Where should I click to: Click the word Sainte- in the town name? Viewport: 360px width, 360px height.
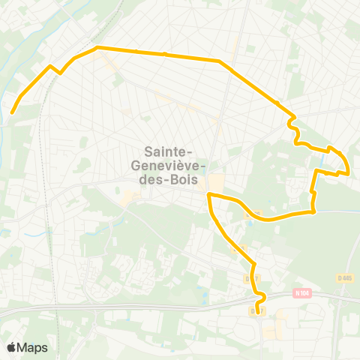tap(175, 151)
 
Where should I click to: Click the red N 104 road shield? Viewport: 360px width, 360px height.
tap(301, 292)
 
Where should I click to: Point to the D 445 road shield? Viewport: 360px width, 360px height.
tap(345, 277)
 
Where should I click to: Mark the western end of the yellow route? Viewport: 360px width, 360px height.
tap(12, 113)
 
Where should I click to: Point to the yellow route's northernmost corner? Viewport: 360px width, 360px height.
tap(98, 48)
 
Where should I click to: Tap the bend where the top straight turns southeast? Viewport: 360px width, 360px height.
tap(219, 61)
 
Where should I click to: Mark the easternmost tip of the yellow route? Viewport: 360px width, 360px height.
tap(349, 172)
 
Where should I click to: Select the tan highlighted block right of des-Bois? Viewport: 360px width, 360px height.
tap(217, 183)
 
